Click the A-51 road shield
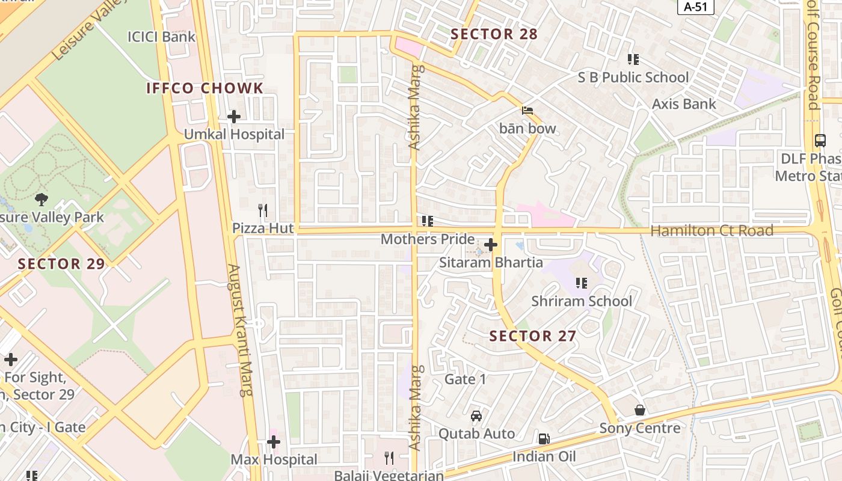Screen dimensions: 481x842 (696, 7)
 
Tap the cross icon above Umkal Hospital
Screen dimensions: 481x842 (234, 116)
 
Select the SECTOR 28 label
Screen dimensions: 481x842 (494, 34)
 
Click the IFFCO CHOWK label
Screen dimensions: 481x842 (205, 88)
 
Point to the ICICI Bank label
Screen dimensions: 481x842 (161, 37)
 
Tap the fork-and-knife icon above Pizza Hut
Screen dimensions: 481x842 (262, 210)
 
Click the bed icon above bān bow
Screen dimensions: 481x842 (527, 111)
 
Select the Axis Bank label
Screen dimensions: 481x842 (684, 104)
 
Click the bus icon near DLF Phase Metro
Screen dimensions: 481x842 (820, 141)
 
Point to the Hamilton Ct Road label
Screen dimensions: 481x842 (711, 231)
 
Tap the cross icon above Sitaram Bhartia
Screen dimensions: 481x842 (491, 245)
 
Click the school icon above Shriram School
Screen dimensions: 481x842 (581, 283)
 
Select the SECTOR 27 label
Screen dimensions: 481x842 (533, 336)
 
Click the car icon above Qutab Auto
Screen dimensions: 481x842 (476, 415)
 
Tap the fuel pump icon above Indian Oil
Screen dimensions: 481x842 (544, 439)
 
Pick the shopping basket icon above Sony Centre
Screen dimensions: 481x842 (640, 410)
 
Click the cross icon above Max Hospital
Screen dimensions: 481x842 (274, 443)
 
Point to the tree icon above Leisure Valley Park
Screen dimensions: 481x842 (41, 199)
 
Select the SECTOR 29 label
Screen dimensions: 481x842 (61, 264)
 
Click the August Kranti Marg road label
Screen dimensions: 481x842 (240, 330)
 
